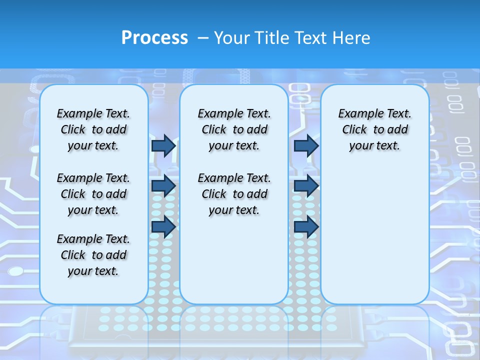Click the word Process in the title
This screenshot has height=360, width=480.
click(154, 38)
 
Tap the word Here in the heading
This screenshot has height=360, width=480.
click(352, 38)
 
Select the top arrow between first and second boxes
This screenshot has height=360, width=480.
click(163, 145)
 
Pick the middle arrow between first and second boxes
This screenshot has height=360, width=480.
click(163, 186)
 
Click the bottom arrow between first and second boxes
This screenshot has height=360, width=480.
click(163, 226)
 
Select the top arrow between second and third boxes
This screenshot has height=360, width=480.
click(306, 145)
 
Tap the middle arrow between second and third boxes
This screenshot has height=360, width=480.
click(306, 186)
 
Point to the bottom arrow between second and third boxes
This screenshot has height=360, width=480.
click(306, 226)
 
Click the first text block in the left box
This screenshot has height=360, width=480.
click(93, 129)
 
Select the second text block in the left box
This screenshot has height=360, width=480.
click(93, 194)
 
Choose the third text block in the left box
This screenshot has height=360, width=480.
click(93, 255)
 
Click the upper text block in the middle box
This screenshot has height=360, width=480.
click(234, 129)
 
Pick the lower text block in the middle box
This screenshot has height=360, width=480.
click(234, 194)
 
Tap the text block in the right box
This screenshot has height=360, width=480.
click(374, 129)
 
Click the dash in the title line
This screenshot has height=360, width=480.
click(203, 38)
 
